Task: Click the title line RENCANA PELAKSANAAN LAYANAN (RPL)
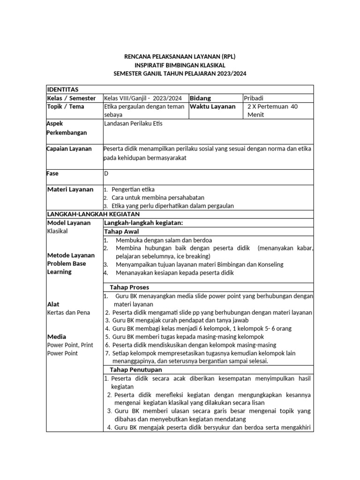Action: point(180,57)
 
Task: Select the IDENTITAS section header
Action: point(63,90)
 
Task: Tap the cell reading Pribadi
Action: point(254,98)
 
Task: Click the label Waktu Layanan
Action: point(212,106)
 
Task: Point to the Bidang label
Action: point(200,98)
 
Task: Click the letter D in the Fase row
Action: point(106,173)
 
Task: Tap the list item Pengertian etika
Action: point(133,189)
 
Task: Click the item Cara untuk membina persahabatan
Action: point(158,198)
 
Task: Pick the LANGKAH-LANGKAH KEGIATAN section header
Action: point(90,214)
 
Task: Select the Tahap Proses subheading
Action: point(129,287)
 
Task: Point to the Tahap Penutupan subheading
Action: point(135,370)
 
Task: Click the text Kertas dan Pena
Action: point(68,312)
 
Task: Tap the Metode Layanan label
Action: point(71,255)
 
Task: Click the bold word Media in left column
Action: point(57,337)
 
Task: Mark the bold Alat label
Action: point(53,304)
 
